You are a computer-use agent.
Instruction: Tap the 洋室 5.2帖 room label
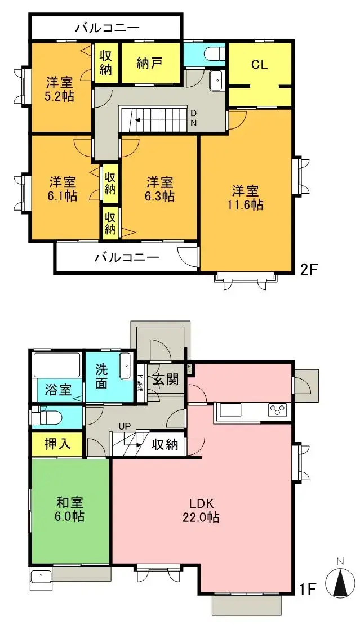click(x=60, y=88)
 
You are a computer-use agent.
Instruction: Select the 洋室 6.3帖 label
click(x=161, y=189)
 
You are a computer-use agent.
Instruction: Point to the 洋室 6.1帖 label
click(x=63, y=189)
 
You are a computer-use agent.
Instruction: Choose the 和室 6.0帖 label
click(x=70, y=508)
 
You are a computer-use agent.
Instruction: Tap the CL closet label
click(x=259, y=64)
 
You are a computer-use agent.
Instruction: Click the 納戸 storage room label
click(x=150, y=62)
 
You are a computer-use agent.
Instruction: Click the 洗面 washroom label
click(x=101, y=377)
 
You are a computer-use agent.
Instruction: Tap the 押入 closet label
click(x=57, y=444)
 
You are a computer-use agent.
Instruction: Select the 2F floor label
click(x=309, y=269)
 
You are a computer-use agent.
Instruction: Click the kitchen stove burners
click(x=278, y=409)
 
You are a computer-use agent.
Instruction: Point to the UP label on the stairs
click(x=124, y=426)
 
